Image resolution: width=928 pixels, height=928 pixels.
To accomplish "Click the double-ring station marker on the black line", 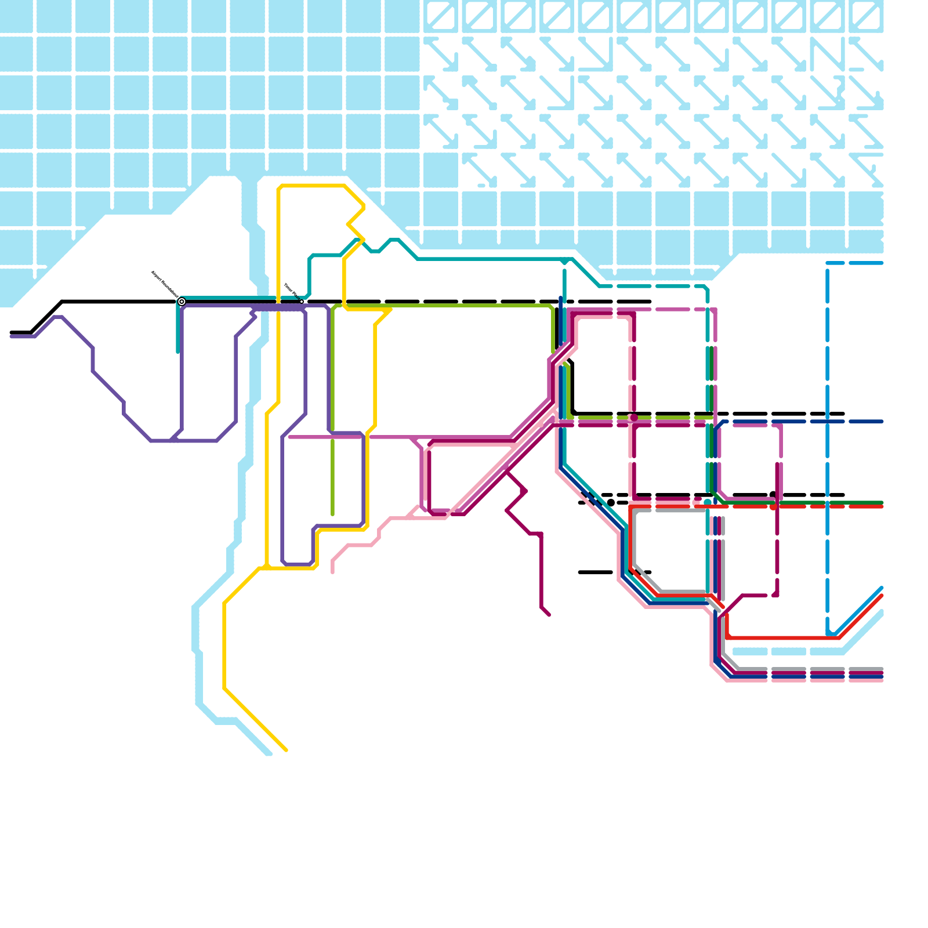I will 182,302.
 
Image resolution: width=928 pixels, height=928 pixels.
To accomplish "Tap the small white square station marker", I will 302,302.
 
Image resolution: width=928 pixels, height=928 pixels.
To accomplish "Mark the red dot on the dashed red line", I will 773,507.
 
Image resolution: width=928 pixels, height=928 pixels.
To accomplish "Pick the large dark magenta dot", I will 634,418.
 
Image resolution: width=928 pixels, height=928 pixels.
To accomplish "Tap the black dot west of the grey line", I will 611,503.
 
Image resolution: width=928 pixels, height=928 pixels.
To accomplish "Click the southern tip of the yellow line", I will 287,751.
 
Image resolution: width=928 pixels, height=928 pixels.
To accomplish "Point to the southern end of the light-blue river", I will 269,753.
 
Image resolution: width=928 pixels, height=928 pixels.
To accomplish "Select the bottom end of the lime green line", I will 332,514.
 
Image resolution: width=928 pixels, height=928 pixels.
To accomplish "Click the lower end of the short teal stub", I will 178,351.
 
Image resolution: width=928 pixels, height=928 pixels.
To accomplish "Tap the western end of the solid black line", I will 11,333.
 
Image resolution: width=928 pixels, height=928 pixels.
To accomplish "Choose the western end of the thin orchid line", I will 289,437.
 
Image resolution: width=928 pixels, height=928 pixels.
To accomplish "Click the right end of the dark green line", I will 882,502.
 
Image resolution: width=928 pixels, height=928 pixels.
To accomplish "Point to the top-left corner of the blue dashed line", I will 828,264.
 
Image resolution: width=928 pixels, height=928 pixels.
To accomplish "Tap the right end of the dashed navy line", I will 882,422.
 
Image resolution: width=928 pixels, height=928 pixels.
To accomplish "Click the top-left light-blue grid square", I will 16,16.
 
